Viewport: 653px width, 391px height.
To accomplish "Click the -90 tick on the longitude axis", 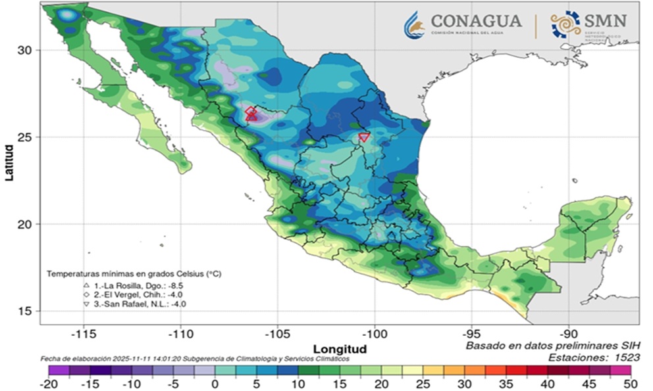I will click(x=569, y=334).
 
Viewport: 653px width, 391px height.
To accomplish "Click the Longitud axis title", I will click(x=340, y=348).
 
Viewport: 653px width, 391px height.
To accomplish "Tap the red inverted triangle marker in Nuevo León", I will click(x=364, y=137).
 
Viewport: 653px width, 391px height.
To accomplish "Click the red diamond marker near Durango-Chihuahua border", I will click(x=250, y=112).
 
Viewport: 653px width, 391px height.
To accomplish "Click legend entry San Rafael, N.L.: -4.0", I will click(x=136, y=304).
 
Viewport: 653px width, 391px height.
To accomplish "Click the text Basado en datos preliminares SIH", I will click(x=552, y=345).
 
